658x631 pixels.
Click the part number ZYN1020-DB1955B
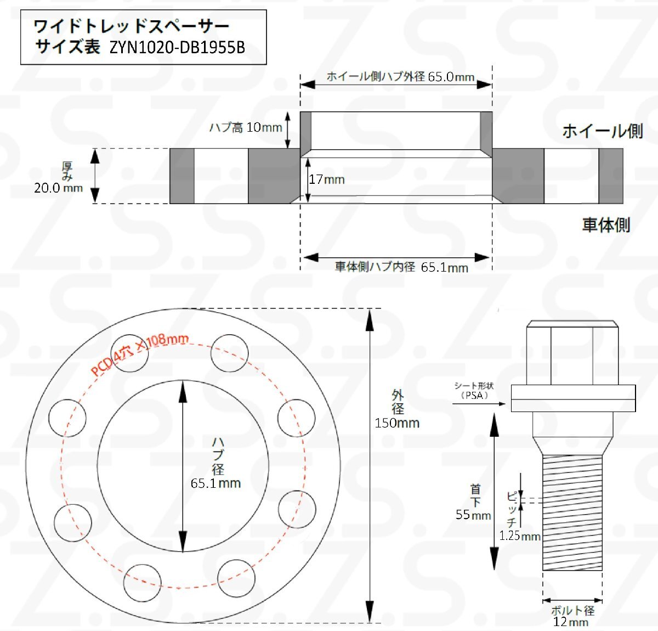177,48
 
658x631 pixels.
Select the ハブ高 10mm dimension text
246,127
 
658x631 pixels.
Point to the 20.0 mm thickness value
59,188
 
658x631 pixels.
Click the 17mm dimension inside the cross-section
327,179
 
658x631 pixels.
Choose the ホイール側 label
603,131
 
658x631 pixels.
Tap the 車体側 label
606,225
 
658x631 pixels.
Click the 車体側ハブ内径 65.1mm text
401,267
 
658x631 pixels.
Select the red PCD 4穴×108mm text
140,354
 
